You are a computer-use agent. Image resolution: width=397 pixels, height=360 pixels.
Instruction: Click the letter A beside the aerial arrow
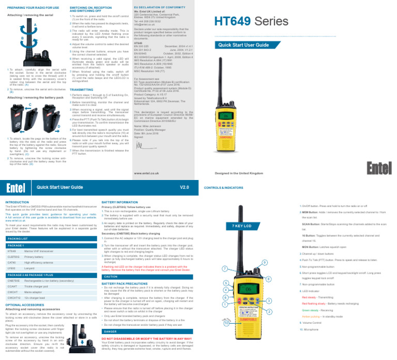[x=35, y=24]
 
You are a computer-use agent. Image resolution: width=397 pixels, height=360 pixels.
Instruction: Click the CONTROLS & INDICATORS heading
[x=224, y=188]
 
